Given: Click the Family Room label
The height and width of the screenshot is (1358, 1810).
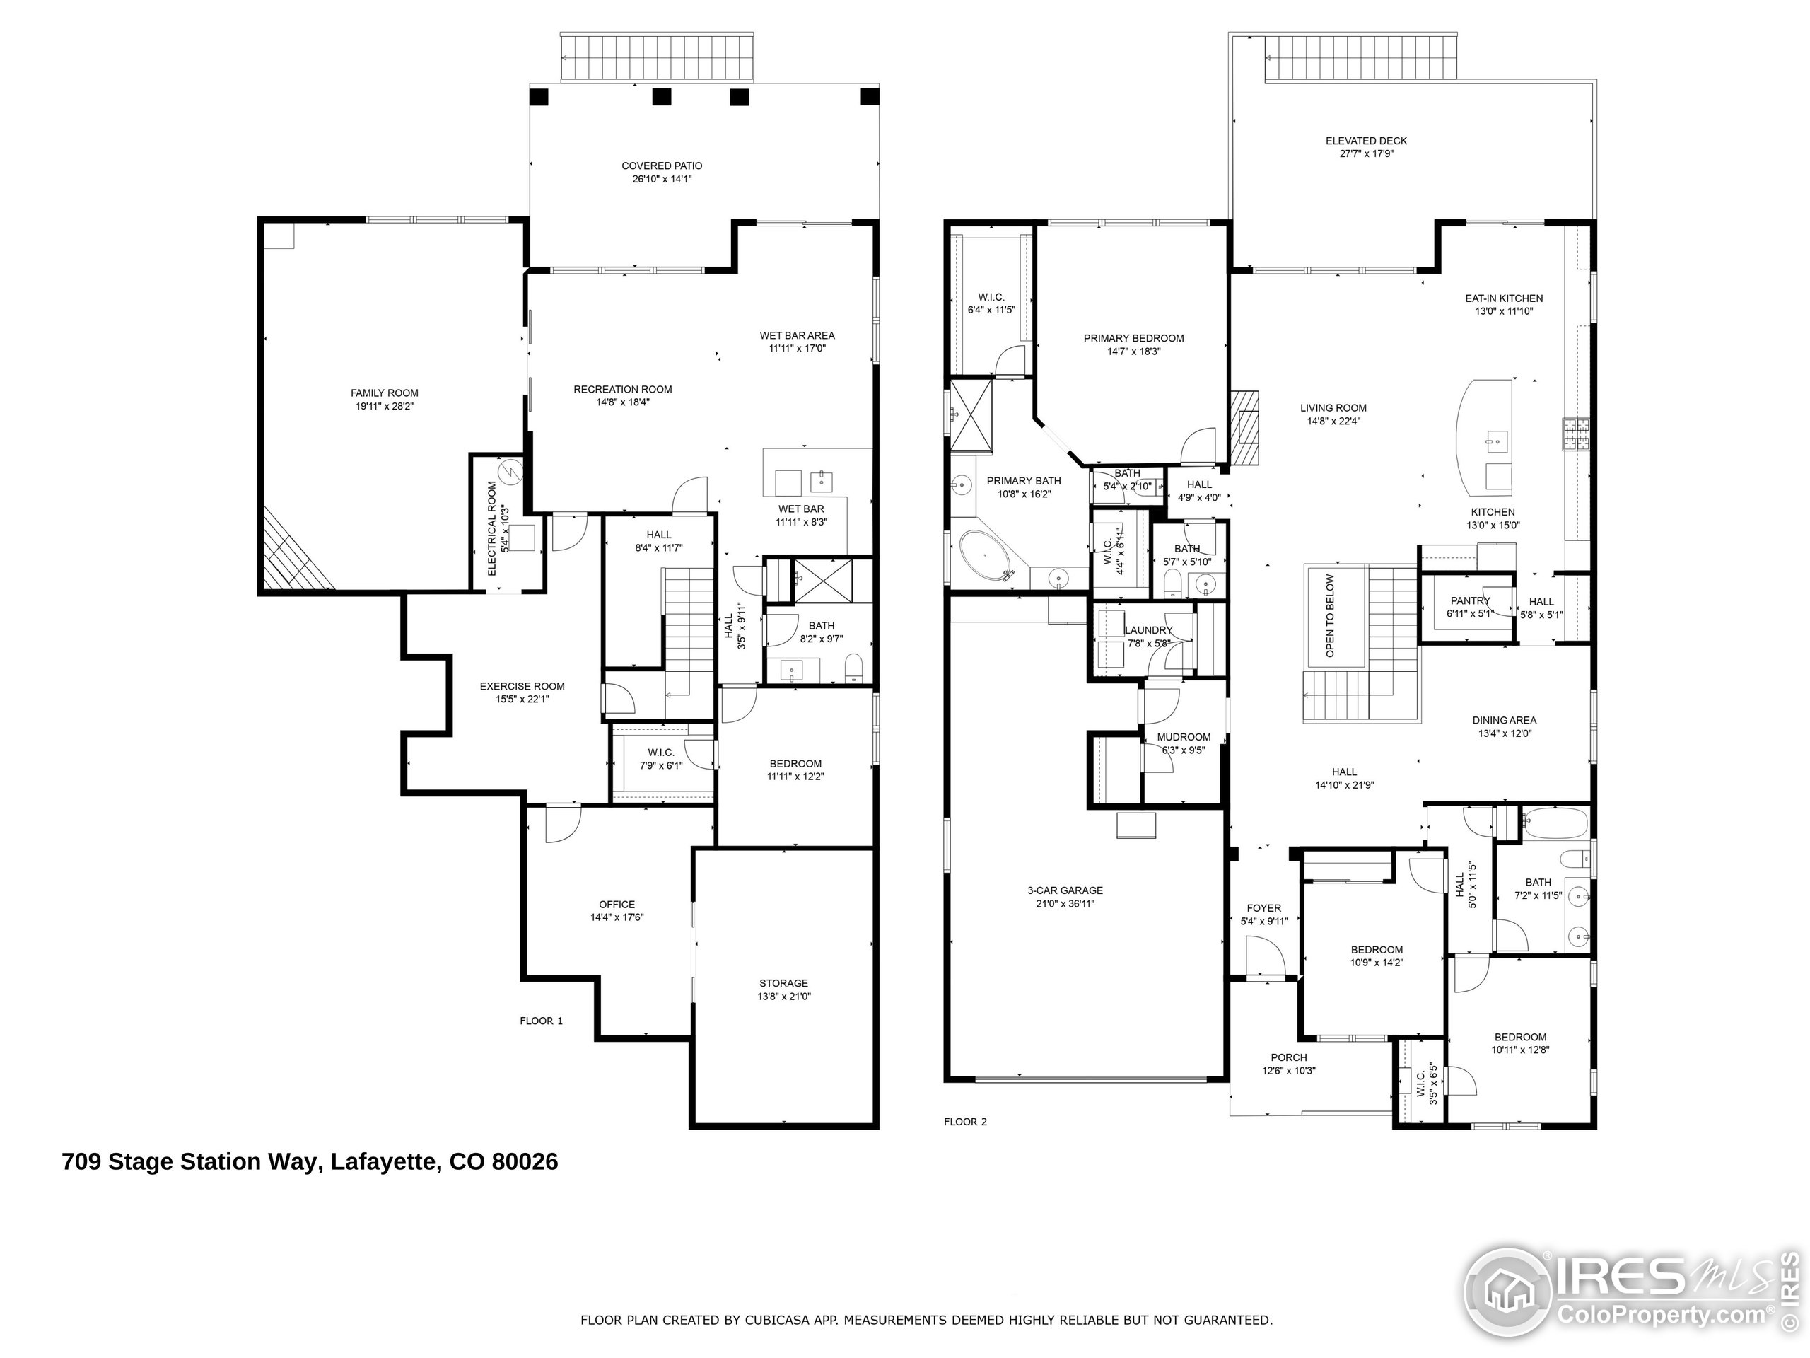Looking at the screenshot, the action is coord(385,393).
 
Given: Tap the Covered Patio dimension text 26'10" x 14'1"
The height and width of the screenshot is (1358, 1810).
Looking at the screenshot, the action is coord(662,178).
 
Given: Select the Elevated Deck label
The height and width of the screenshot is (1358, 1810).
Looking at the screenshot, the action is coord(1367,141).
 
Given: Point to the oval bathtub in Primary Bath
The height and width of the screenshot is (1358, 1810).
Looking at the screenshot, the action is coord(985,557).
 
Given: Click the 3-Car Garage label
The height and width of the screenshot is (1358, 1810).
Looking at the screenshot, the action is coord(1065,890).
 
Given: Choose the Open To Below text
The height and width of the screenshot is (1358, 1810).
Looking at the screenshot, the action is coord(1330,615).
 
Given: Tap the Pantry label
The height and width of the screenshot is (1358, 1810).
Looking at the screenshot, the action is coord(1471,600).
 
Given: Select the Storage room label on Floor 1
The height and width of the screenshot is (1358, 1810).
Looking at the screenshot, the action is coord(783,983).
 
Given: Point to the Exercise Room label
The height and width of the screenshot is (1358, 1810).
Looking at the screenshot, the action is coord(522,686).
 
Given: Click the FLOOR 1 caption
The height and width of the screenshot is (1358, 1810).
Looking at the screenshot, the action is coord(541,1021).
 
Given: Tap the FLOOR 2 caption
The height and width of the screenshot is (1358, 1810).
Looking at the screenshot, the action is coord(966,1122).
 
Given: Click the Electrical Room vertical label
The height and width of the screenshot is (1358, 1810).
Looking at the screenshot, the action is coord(492,528).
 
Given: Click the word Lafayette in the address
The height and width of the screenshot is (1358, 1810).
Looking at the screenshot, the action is coord(384,1161).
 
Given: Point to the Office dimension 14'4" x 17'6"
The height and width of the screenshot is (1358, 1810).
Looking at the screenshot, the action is coord(617,917).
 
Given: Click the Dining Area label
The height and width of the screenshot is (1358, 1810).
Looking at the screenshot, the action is coord(1504,720).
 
